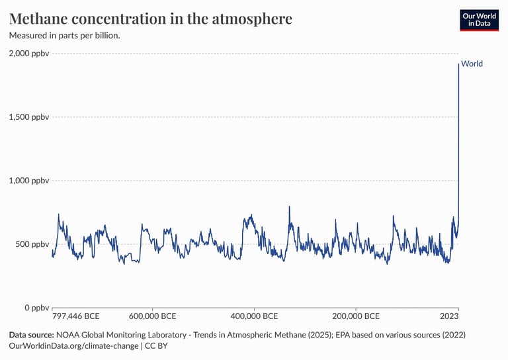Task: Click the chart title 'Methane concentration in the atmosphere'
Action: tap(150, 19)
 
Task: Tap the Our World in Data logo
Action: tap(479, 20)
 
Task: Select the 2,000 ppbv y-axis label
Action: tap(28, 53)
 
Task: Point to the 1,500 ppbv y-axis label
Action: tap(28, 117)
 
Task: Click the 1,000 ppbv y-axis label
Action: tap(28, 181)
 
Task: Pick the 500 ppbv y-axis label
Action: tap(32, 244)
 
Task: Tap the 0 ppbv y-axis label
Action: tap(37, 308)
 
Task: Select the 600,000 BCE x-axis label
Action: tap(152, 316)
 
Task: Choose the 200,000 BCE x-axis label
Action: tap(355, 316)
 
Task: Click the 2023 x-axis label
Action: tap(449, 316)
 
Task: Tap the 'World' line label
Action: tap(472, 64)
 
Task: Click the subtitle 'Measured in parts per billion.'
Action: tap(64, 35)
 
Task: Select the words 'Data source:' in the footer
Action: tap(31, 335)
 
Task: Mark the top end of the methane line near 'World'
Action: tap(458, 64)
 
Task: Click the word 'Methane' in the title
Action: tap(42, 19)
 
